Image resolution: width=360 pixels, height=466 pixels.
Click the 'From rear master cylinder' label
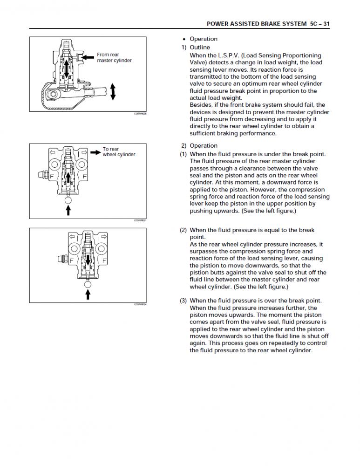point(114,57)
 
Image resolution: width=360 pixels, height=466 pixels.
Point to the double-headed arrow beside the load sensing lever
point(113,90)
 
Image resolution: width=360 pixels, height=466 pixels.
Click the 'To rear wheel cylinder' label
point(119,152)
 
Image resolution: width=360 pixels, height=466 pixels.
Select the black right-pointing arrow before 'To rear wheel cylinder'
point(95,151)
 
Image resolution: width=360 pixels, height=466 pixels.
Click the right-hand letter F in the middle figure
point(84,177)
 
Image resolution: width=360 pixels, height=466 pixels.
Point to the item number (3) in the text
point(184,301)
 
